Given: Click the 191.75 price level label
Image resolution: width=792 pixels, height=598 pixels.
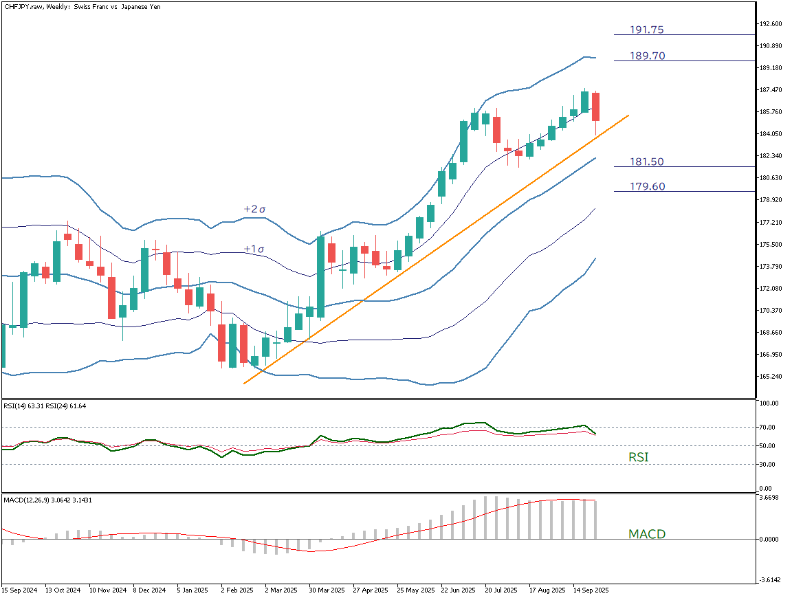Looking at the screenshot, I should point(647,30).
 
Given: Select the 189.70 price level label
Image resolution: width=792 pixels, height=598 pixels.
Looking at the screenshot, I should point(648,56).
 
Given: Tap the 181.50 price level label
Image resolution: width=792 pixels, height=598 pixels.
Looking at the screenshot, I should point(647,162).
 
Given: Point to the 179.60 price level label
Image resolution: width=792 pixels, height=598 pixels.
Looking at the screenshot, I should point(647,186).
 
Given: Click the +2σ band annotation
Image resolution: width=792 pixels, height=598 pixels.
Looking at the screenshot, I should point(254,209).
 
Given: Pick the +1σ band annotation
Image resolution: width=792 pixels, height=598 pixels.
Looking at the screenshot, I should point(254,249).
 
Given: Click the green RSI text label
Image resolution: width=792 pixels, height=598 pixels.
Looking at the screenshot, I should point(639,457).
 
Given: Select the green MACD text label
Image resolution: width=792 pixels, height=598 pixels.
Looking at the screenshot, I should point(647,534).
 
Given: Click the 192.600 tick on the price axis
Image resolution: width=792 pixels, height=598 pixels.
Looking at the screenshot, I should point(771,24).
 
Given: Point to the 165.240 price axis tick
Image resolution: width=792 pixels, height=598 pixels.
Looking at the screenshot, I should point(771,377).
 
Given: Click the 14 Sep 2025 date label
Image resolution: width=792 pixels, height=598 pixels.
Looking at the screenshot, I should point(591,590).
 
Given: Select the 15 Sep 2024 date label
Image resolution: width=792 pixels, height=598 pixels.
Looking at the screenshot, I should point(19,590).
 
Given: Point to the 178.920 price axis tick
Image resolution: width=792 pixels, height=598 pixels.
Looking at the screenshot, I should point(771,200).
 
